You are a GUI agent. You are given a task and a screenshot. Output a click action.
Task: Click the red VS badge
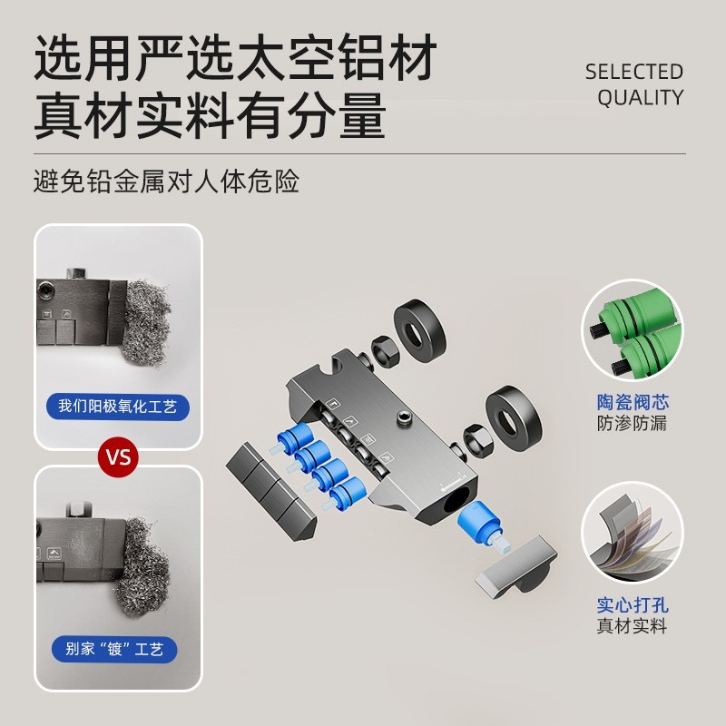(x=119, y=456)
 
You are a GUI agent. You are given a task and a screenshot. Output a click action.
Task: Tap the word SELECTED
(x=633, y=72)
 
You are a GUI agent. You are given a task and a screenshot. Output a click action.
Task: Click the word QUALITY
(x=640, y=98)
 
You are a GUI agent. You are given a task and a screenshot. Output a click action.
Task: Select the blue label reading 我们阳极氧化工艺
(x=118, y=406)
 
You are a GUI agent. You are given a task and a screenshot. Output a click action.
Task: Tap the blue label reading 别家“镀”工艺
(x=118, y=649)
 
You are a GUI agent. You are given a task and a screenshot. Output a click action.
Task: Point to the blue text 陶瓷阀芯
(x=632, y=402)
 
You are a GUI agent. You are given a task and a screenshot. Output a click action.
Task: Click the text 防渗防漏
(x=632, y=424)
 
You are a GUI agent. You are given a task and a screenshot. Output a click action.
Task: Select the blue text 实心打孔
(x=632, y=604)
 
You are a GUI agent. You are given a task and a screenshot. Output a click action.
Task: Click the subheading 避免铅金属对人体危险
(x=166, y=181)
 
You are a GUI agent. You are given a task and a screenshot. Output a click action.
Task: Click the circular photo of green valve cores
(x=632, y=332)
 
